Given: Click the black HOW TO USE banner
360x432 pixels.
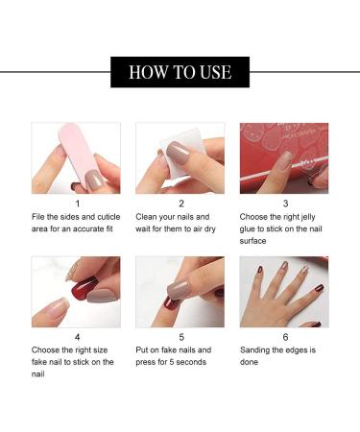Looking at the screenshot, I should point(180,72).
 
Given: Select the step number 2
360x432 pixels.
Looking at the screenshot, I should point(180,204).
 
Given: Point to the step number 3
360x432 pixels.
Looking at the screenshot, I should point(285,204).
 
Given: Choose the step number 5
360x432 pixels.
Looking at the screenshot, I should point(180,337).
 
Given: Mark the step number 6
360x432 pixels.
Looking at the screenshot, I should point(285,337).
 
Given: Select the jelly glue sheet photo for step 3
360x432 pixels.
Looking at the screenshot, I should point(284,157).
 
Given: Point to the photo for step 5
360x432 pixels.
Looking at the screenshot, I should point(180,292).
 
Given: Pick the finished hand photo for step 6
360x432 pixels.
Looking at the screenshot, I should point(284,292).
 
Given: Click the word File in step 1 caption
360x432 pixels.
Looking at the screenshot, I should point(39,217).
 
